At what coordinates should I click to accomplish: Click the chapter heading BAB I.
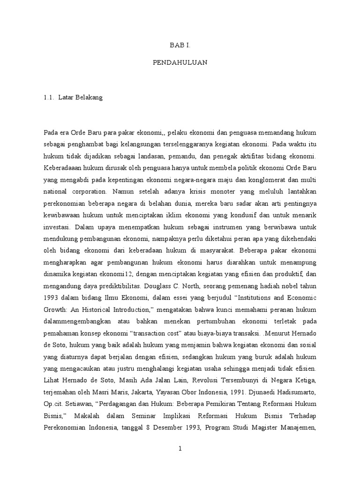(180, 45)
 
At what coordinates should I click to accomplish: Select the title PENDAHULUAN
(180, 62)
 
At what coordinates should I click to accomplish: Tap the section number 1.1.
(49, 98)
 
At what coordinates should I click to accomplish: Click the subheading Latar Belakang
(80, 98)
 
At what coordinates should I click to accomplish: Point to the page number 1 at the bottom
(180, 449)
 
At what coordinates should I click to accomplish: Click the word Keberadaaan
(62, 168)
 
